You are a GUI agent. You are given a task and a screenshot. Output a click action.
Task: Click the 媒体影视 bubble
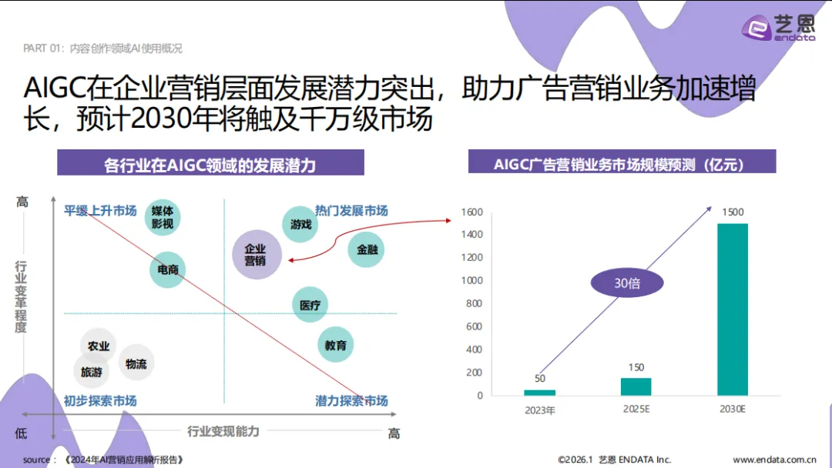[x=163, y=217]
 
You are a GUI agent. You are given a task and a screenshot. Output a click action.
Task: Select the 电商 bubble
[x=168, y=269]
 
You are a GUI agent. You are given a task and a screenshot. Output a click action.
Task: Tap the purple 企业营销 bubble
[x=256, y=255]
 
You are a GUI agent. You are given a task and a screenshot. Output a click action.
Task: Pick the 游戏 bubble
[x=300, y=225]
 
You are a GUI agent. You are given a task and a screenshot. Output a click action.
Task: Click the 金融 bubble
[x=366, y=249]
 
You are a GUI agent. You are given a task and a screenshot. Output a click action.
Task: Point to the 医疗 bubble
[x=310, y=306]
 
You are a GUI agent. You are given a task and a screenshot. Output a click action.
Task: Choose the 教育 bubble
[x=335, y=345]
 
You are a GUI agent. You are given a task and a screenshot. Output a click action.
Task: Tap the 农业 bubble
[x=99, y=346]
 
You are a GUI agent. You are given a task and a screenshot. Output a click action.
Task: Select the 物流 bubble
[x=136, y=363]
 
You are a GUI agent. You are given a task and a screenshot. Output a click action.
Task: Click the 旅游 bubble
[x=92, y=373]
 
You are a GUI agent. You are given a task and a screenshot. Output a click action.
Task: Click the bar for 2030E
[x=732, y=309]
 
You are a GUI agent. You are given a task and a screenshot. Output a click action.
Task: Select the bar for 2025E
[x=636, y=386]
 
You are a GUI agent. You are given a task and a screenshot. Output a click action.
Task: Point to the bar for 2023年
[x=539, y=393]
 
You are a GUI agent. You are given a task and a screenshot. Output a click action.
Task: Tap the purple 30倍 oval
[x=627, y=283]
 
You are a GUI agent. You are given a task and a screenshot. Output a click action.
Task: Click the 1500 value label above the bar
[x=733, y=212]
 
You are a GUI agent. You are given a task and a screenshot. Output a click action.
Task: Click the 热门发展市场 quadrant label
[x=351, y=211]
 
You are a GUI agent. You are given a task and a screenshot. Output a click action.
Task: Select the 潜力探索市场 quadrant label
[x=351, y=401]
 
